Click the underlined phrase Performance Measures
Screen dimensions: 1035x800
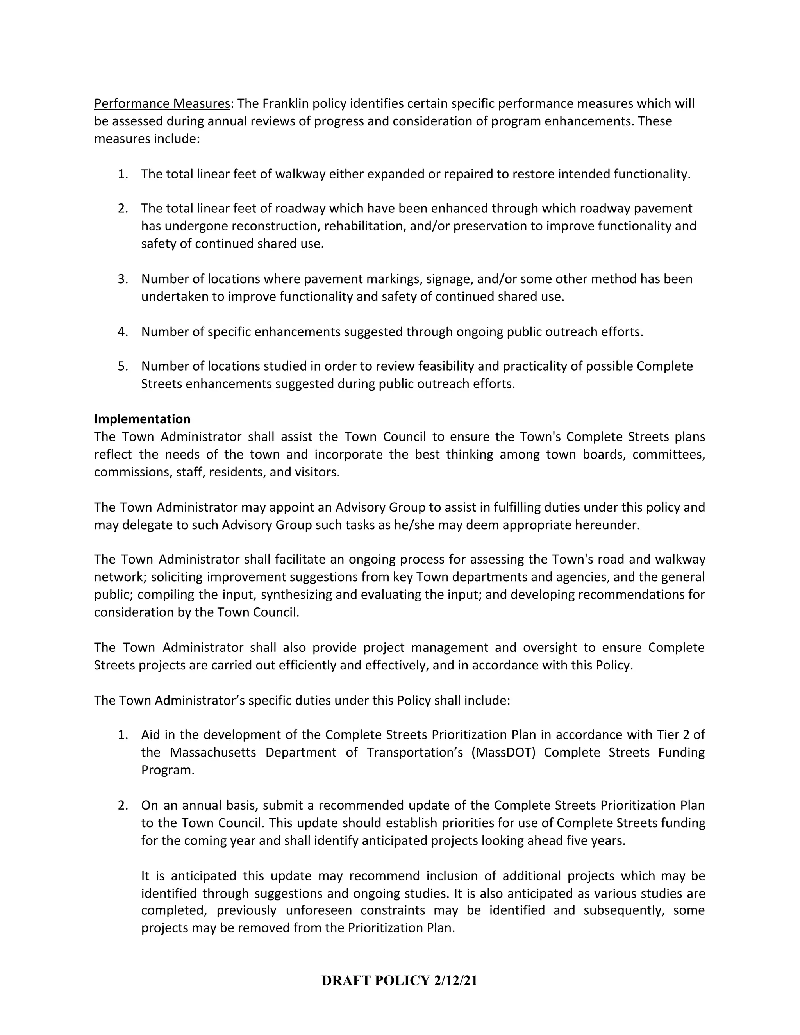pyautogui.click(x=162, y=103)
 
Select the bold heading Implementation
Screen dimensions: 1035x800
pyautogui.click(x=142, y=419)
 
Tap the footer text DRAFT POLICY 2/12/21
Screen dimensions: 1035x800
pyautogui.click(x=400, y=980)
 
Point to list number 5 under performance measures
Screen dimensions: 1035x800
pyautogui.click(x=123, y=366)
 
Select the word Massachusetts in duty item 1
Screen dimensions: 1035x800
pyautogui.click(x=213, y=753)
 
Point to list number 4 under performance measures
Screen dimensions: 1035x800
pyautogui.click(x=123, y=332)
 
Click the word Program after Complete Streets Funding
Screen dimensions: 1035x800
pyautogui.click(x=167, y=770)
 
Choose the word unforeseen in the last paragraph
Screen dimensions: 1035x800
pyautogui.click(x=320, y=910)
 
